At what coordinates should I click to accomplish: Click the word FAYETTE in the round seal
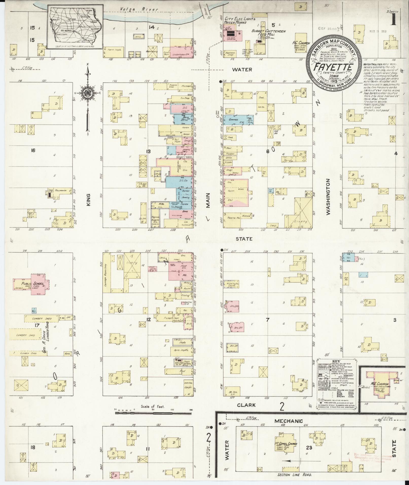pyautogui.click(x=333, y=67)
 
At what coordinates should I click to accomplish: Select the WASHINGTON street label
pyautogui.click(x=328, y=197)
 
